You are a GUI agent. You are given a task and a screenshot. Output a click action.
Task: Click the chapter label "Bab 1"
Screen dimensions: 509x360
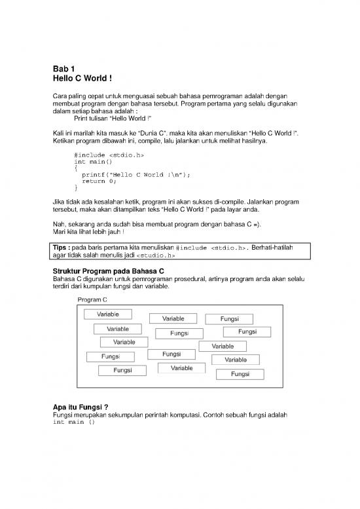pos(65,69)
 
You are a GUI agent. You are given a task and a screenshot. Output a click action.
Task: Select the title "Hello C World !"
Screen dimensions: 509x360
pos(83,79)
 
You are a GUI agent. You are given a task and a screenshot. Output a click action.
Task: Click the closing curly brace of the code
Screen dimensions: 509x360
pos(77,188)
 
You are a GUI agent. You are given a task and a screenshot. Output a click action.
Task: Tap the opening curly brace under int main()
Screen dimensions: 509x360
pos(77,168)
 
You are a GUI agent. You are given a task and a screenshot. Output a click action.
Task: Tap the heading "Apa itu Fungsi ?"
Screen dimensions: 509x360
pos(80,406)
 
